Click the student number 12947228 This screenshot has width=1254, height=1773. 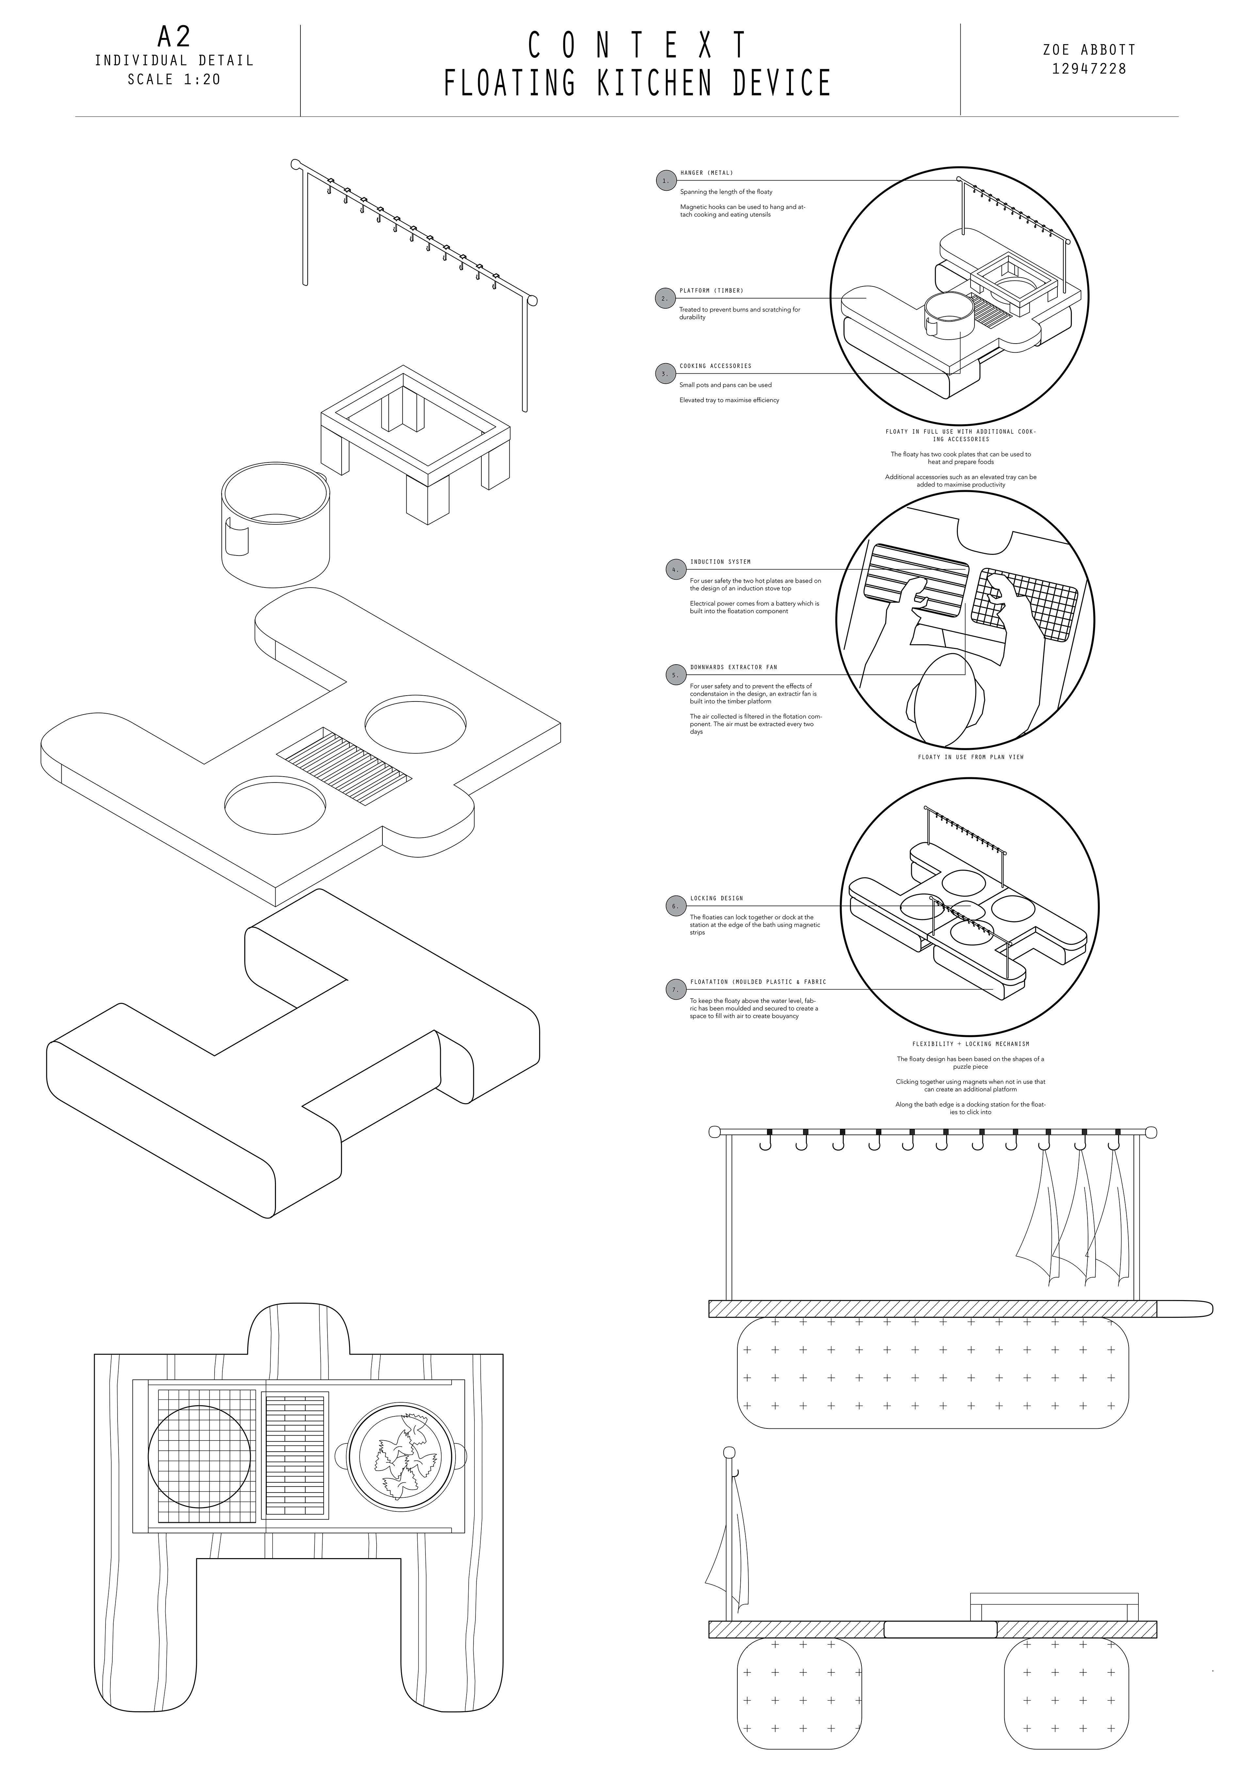click(x=1089, y=69)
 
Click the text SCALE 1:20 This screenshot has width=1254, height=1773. click(x=174, y=79)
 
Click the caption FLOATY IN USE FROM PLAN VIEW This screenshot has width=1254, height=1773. click(x=971, y=757)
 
